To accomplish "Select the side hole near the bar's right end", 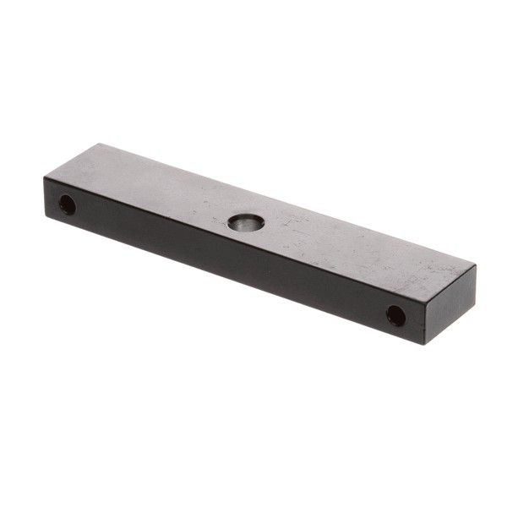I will [x=395, y=315].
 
